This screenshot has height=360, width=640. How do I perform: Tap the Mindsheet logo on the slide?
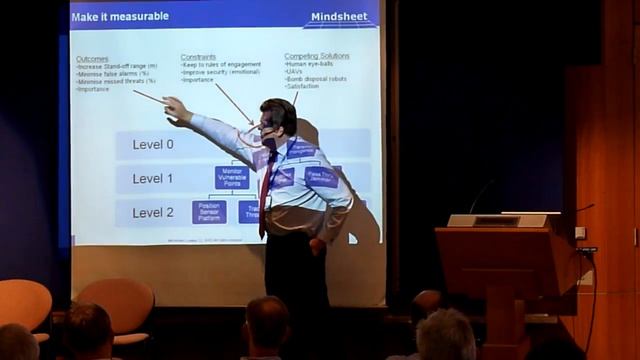(x=339, y=17)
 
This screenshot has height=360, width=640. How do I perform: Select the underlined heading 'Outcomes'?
(x=92, y=59)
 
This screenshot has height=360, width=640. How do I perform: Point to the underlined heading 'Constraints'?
(x=198, y=58)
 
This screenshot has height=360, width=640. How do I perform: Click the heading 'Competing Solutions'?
(x=317, y=57)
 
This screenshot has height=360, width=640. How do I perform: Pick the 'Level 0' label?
(x=153, y=145)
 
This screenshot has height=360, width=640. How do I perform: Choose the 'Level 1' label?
(x=153, y=179)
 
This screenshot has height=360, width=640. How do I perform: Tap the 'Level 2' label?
(x=153, y=213)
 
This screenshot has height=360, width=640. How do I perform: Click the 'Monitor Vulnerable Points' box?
(x=230, y=177)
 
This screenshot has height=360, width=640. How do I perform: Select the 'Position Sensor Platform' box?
(x=209, y=212)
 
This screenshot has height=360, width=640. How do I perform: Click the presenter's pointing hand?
(x=175, y=107)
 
